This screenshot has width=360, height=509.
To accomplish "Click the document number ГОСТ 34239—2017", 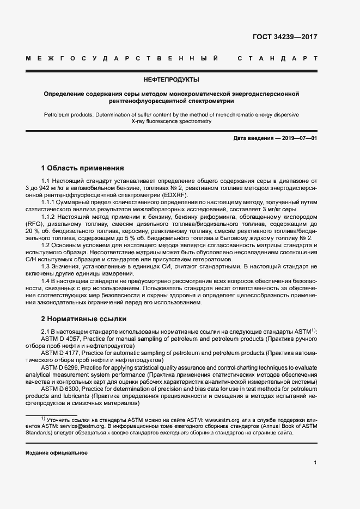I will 285,37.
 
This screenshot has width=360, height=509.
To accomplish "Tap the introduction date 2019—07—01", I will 300,139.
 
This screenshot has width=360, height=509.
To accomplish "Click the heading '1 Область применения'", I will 83,168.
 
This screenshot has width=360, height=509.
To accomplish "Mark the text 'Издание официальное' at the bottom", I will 57,453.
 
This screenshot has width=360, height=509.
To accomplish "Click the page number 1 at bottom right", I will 315,463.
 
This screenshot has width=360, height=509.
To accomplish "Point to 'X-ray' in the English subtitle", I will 141,122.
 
